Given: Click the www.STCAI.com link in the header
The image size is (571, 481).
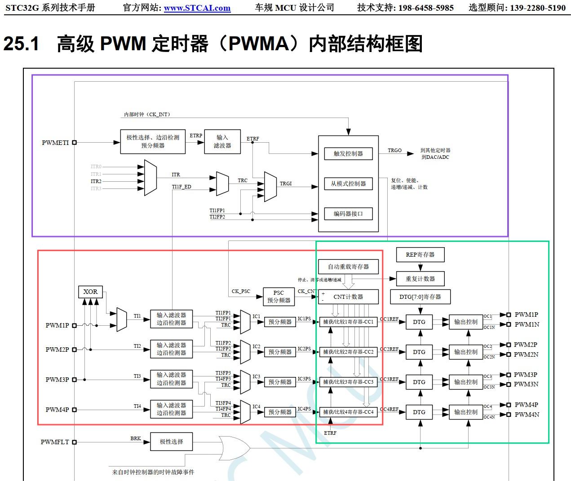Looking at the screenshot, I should [197, 8].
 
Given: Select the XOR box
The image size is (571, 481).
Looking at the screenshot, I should [90, 292].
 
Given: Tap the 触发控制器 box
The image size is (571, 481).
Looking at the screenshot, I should [348, 153].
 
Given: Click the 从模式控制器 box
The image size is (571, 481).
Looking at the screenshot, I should [348, 184].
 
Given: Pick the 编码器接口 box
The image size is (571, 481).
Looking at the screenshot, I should [348, 214].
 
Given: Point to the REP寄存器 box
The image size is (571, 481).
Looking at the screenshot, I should [420, 254].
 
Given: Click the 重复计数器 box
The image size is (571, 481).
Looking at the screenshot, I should [420, 279].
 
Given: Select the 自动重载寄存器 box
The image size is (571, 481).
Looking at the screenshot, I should [348, 267].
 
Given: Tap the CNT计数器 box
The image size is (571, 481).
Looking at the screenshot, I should [348, 297].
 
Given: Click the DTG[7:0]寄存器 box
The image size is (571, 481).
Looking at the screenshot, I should [420, 297].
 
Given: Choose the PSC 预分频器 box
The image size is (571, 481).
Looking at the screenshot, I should [279, 297].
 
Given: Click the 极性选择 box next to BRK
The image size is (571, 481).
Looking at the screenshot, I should [171, 442].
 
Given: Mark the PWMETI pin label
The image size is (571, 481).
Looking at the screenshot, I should [55, 143].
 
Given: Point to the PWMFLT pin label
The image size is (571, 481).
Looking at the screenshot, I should [55, 442].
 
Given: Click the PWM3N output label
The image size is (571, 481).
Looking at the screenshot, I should [526, 384].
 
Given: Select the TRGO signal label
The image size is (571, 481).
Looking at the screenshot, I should [395, 150].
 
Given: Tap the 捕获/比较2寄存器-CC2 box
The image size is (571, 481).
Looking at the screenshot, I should [348, 352].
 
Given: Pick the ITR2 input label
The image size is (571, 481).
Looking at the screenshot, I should [96, 181].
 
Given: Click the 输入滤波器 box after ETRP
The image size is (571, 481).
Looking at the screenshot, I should [222, 141].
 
